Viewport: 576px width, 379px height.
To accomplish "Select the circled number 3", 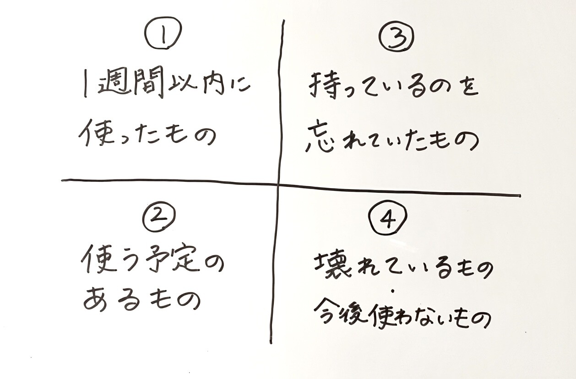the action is click(x=397, y=37).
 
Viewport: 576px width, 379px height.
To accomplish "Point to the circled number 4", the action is click(x=388, y=222).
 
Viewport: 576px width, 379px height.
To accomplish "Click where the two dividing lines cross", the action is click(x=277, y=184).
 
